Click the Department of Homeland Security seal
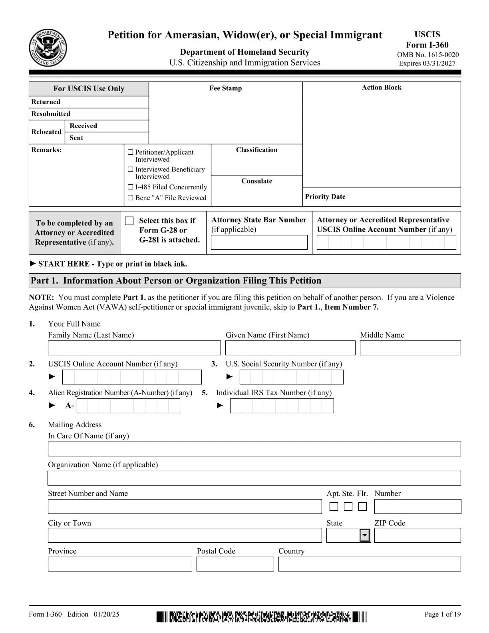tap(48, 48)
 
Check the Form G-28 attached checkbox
tap(129, 221)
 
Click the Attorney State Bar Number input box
tap(259, 243)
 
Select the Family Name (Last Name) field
tap(134, 348)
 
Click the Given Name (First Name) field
tap(290, 348)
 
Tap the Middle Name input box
tap(410, 348)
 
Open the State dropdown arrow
tap(365, 535)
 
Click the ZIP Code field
tap(417, 535)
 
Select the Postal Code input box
tap(235, 564)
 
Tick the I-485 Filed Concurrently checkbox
tap(130, 187)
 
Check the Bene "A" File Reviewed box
tap(130, 198)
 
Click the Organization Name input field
tap(254, 478)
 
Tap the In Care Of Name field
tap(254, 449)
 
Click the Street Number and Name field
tap(185, 507)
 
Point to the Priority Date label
tap(325, 197)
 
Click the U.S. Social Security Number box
tap(291, 377)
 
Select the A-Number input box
tap(128, 406)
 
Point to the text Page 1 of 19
tap(442, 614)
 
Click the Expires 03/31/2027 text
tap(427, 63)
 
